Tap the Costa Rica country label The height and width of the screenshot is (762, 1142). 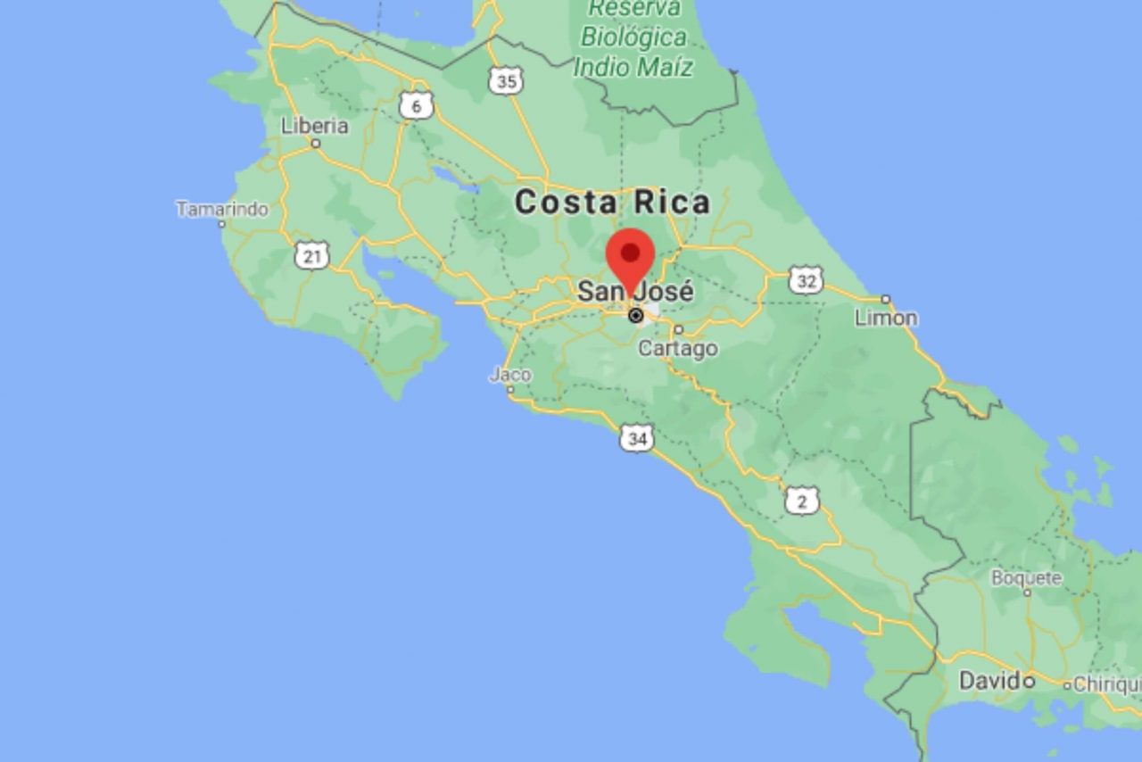click(612, 203)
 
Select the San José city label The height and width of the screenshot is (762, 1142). click(634, 291)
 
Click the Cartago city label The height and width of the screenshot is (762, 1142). click(678, 348)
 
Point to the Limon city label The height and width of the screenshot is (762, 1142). click(886, 318)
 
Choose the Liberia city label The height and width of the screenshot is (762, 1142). click(314, 126)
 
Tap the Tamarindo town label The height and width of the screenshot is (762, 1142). click(222, 209)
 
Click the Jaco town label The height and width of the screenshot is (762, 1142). click(510, 375)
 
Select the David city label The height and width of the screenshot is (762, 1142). click(989, 681)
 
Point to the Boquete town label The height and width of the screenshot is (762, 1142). click(1026, 577)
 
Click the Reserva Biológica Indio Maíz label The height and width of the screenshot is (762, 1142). click(633, 37)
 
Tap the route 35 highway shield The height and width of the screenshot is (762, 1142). click(506, 81)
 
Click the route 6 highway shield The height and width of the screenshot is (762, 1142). click(416, 106)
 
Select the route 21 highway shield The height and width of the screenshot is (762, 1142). click(311, 257)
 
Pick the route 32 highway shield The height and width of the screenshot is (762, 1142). click(806, 279)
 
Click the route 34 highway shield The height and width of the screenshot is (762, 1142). click(637, 437)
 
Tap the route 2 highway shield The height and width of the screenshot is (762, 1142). click(801, 501)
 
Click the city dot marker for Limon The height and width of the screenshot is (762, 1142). click(886, 299)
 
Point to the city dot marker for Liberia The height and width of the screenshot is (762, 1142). click(315, 142)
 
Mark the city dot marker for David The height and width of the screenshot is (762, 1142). click(1028, 682)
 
